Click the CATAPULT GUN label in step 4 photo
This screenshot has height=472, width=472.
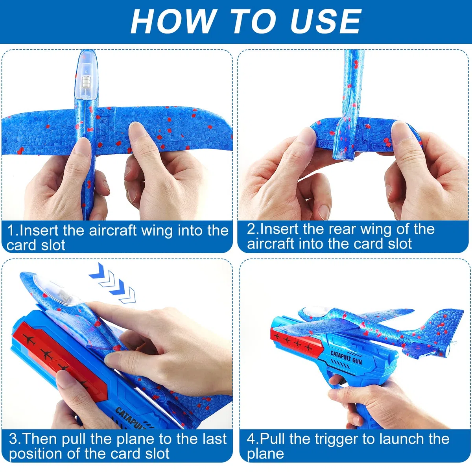click(346, 358)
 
